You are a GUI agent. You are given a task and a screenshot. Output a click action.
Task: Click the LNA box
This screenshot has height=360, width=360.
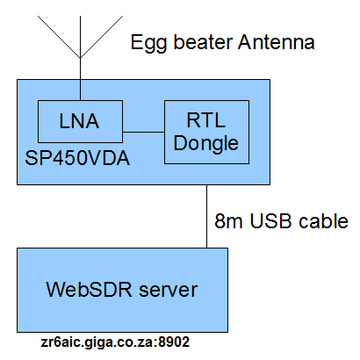coord(80,122)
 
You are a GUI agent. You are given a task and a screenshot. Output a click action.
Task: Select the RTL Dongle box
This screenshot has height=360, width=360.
coord(206,132)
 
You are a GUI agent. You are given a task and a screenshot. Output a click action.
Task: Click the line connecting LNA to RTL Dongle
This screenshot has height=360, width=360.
coord(143,132)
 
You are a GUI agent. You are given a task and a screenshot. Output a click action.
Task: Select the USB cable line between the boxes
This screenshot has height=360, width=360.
coord(206,216)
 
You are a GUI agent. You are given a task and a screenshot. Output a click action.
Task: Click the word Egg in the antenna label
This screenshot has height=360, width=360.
coord(146,41)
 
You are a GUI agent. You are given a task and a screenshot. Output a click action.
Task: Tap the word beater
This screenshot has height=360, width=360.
coord(196,41)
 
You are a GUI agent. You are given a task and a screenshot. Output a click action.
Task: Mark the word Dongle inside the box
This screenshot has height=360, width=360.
coord(207,142)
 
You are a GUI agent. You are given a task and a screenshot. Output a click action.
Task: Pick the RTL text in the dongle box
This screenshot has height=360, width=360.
coord(207,120)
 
